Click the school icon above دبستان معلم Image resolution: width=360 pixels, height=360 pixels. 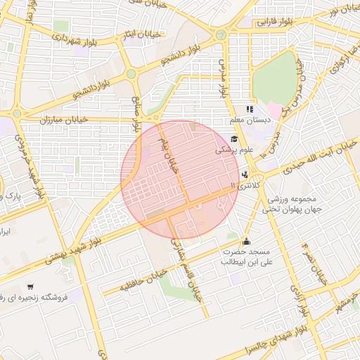coord(249,109)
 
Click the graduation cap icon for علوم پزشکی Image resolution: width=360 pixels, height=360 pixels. coord(233,139)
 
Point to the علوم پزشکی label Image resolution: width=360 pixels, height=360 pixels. coord(234,150)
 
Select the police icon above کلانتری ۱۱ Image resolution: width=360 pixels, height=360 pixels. coord(245,174)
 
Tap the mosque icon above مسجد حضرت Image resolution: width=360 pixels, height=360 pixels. coord(245,240)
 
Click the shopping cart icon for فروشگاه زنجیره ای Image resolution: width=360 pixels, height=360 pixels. coord(30,287)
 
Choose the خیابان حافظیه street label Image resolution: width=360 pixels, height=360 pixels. coord(143,279)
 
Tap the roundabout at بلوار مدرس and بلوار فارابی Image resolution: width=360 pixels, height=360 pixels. coord(221,33)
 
